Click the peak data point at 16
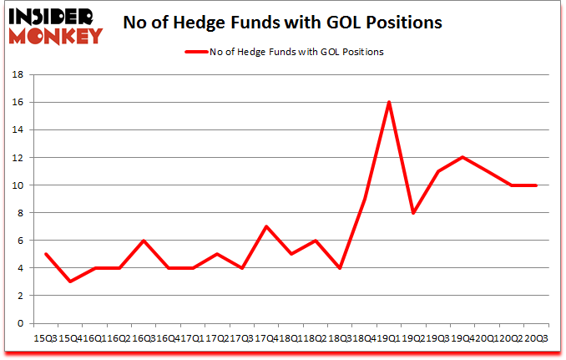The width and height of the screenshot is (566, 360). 388,102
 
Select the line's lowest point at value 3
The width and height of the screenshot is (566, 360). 69,281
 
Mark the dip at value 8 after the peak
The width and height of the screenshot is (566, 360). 413,213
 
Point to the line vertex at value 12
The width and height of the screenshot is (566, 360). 462,157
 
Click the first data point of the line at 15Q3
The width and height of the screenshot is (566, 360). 45,254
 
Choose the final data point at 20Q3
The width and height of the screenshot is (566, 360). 535,185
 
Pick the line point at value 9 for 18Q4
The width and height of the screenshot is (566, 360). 364,199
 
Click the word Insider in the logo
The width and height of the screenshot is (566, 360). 54,16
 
